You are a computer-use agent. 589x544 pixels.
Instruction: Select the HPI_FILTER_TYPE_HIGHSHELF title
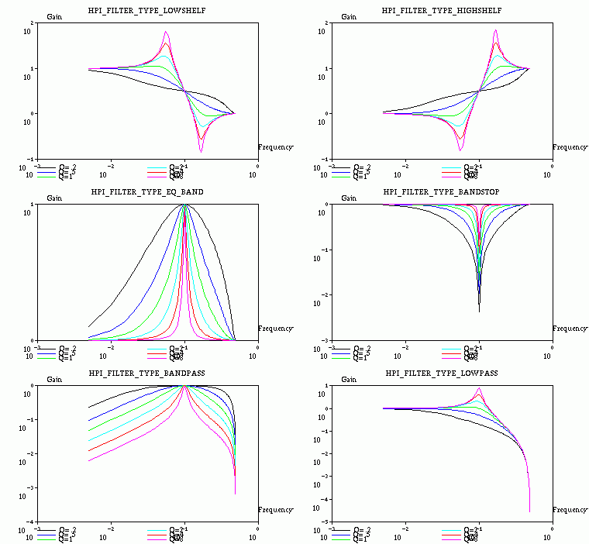pos(442,10)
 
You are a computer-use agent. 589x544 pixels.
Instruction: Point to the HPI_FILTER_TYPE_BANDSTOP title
pos(442,191)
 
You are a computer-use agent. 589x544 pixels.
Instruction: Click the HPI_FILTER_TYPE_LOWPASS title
pos(442,373)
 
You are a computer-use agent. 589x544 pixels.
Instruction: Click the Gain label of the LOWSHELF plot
pos(55,17)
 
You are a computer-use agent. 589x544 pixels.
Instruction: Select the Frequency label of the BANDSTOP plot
pos(570,329)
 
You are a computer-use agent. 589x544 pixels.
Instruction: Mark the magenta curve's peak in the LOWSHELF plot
pos(166,32)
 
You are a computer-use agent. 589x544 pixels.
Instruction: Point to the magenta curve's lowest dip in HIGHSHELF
pos(461,150)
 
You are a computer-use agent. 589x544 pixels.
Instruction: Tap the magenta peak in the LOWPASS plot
pos(479,388)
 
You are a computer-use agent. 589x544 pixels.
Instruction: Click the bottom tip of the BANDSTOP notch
pos(479,312)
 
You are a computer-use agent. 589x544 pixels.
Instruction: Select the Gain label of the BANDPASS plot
pos(55,380)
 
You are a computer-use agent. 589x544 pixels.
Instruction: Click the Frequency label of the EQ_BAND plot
pos(275,329)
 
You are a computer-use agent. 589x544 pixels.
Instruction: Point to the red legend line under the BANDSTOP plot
pos(453,353)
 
